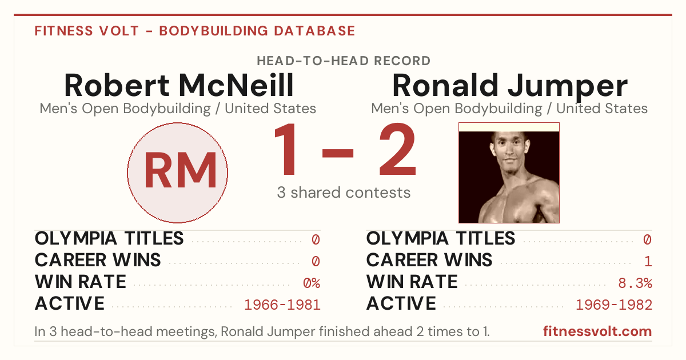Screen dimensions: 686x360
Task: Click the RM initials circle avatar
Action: pyautogui.click(x=177, y=173)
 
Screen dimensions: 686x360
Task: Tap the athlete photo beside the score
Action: pyautogui.click(x=509, y=173)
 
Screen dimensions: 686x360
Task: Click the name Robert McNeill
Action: pyautogui.click(x=179, y=85)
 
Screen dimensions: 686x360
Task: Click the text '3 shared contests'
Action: pyautogui.click(x=344, y=193)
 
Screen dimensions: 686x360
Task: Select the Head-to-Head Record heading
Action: pyautogui.click(x=344, y=61)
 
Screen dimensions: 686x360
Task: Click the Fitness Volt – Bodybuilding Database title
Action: pyautogui.click(x=195, y=31)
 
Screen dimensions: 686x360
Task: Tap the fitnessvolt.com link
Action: pyautogui.click(x=597, y=331)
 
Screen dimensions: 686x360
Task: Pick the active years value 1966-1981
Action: pyautogui.click(x=282, y=305)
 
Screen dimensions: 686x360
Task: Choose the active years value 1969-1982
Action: pyautogui.click(x=614, y=305)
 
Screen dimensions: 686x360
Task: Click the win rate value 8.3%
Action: pyautogui.click(x=635, y=283)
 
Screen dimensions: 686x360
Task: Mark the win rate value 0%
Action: pyautogui.click(x=312, y=283)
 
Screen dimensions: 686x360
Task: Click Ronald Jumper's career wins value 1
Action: pyautogui.click(x=648, y=262)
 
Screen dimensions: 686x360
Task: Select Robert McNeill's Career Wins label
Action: pyautogui.click(x=98, y=260)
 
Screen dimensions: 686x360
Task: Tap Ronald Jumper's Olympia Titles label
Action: pyautogui.click(x=441, y=238)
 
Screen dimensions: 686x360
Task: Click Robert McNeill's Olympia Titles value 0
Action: pyautogui.click(x=316, y=239)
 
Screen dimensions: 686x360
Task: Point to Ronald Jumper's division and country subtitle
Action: pyautogui.click(x=509, y=109)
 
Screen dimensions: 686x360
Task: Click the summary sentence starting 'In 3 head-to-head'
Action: pyautogui.click(x=262, y=331)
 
